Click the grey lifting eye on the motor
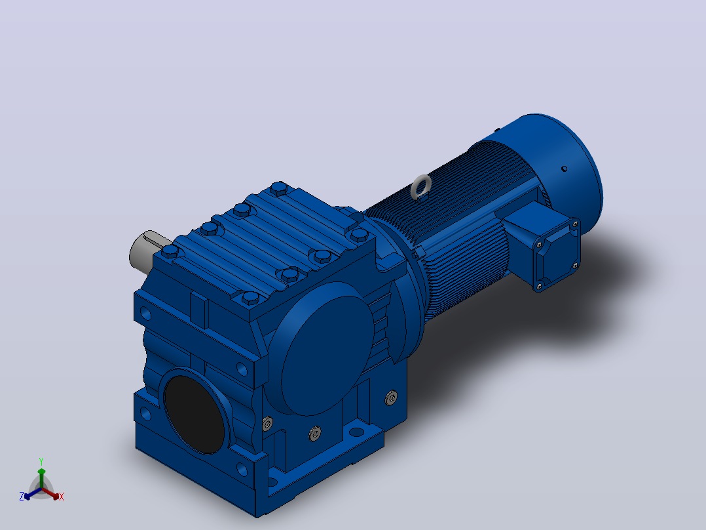tap(421, 186)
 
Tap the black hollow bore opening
tap(195, 414)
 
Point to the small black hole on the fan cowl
tap(564, 169)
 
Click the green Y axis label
tap(41, 461)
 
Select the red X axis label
tap(62, 497)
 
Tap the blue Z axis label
tap(22, 497)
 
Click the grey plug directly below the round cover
tap(315, 433)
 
